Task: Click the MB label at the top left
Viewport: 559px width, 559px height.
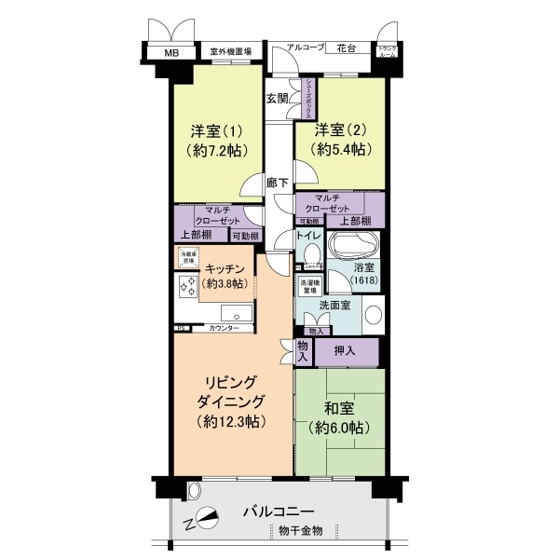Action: (170, 53)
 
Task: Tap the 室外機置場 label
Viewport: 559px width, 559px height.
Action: (230, 53)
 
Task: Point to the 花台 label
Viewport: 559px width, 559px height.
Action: (348, 46)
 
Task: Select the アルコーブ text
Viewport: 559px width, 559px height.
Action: (304, 46)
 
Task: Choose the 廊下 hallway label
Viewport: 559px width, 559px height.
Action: (277, 183)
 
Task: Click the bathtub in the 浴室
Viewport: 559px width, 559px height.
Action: (353, 248)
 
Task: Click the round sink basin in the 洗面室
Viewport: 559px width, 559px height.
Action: (373, 314)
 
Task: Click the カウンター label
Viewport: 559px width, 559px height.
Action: (224, 329)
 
